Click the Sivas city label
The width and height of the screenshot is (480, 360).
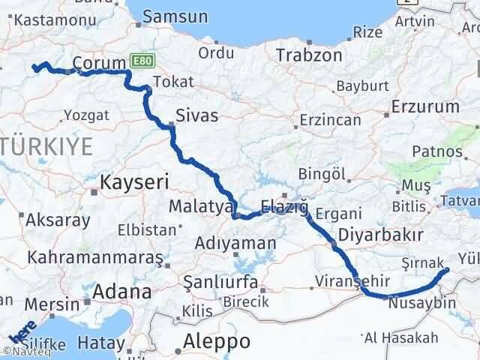tap(197, 115)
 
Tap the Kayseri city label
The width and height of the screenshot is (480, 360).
tap(134, 181)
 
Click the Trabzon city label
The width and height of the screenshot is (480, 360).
tap(309, 55)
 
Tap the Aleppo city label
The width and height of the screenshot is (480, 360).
tap(217, 341)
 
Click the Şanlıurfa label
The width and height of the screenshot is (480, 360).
tap(220, 282)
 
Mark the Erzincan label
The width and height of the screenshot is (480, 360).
tap(329, 120)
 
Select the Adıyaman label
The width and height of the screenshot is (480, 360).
tap(232, 243)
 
